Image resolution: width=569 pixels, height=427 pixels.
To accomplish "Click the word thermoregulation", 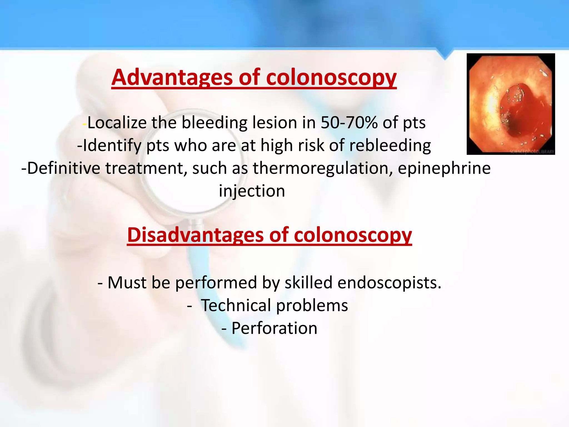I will tap(322, 168).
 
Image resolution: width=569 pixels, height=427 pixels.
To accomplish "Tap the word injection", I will tap(252, 191).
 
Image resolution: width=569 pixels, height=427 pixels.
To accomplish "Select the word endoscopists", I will tap(389, 283).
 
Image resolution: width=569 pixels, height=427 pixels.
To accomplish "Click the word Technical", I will tap(236, 306).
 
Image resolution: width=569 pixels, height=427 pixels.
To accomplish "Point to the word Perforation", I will tap(274, 328).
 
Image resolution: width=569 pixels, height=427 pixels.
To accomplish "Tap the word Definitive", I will tap(64, 168).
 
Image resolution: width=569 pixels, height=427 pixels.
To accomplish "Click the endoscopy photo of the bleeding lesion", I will tap(510, 104).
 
